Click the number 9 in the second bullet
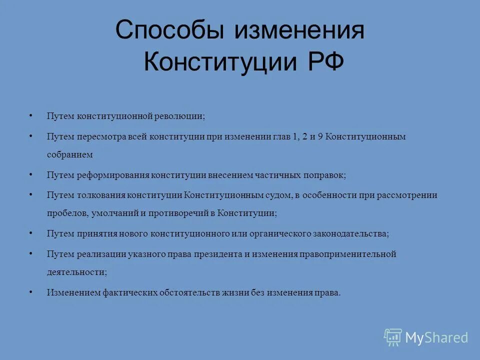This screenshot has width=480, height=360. tap(319, 136)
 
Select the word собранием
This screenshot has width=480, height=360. tap(70, 155)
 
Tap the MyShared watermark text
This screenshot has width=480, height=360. tap(436, 337)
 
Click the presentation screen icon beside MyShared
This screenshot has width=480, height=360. tap(393, 337)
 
